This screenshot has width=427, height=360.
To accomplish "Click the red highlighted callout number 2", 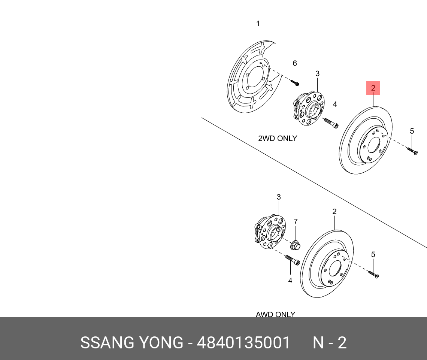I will pos(373,88).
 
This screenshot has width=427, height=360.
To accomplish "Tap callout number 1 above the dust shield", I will pos(258,24).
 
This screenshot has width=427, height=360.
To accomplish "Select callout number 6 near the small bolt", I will pos(295,63).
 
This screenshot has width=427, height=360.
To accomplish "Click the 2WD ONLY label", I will pos(277,138).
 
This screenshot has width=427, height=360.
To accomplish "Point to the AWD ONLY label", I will pos(275,314).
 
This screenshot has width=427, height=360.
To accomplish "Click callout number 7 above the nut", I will pos(295,221).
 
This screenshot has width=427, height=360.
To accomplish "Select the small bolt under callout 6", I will pos(295,82).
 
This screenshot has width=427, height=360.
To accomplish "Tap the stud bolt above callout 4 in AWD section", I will pos(292,260).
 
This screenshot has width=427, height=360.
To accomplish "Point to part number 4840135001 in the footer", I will pos(243,343).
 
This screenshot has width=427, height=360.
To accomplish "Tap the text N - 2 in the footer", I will pos(330,343).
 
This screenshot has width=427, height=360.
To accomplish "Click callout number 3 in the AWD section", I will pos(278,197).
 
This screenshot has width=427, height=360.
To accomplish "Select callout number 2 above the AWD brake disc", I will pos(334,212).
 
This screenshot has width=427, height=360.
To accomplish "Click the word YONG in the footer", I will pos(161,343).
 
